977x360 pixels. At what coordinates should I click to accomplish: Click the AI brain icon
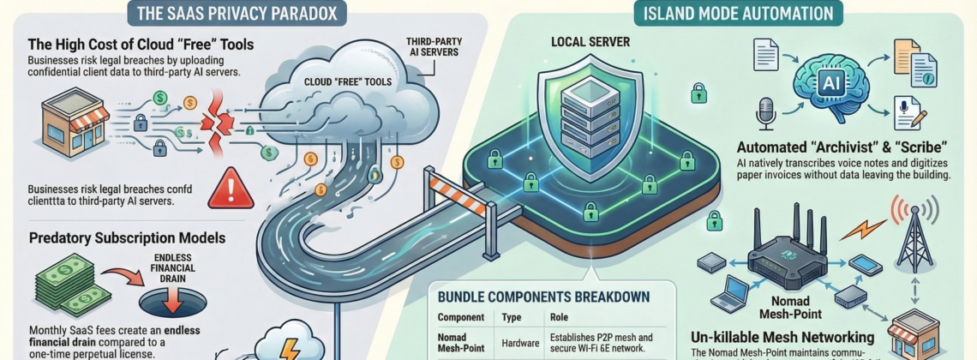tap(827, 81)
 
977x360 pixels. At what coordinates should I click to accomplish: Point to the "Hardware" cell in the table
tap(520, 343)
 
